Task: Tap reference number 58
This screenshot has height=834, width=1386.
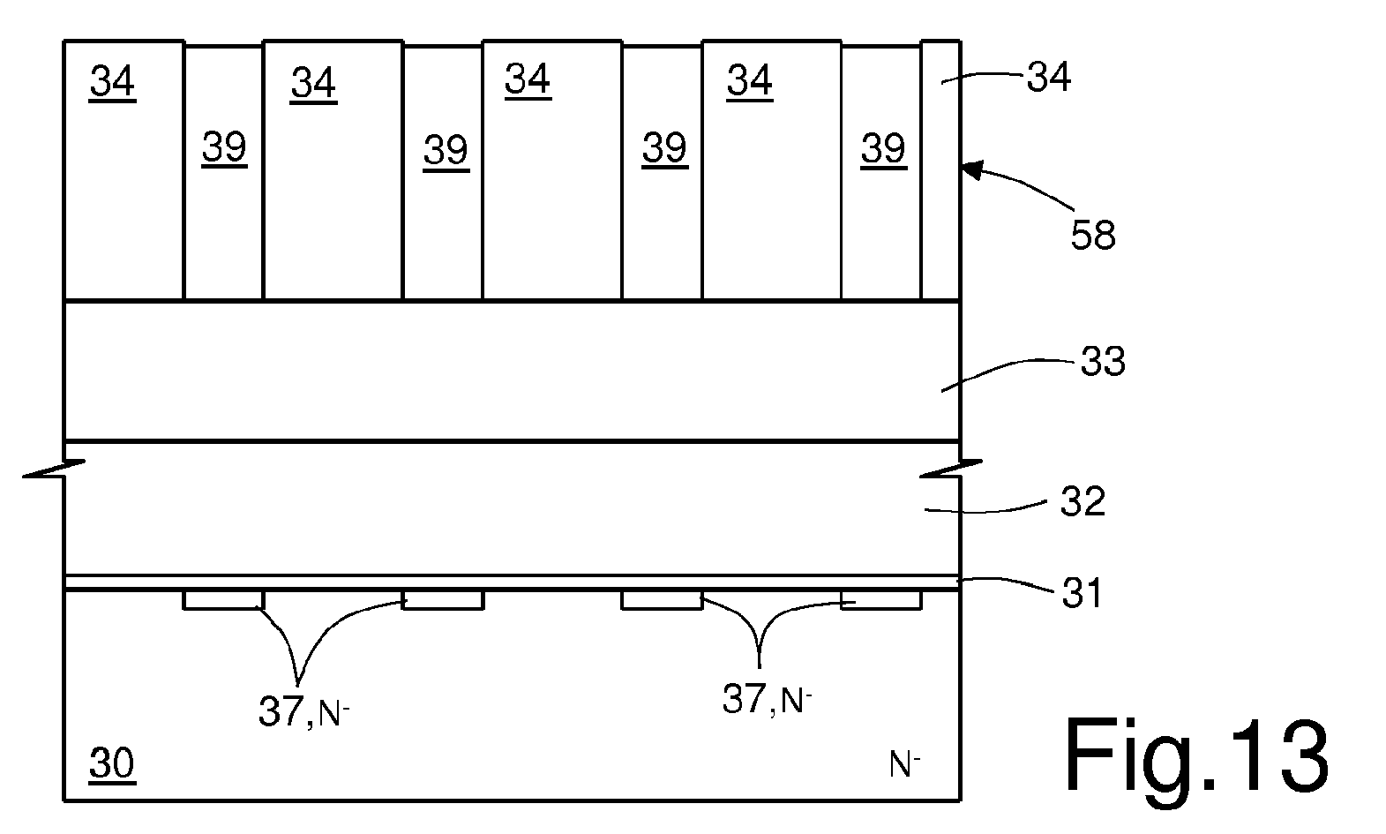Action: pos(1093,236)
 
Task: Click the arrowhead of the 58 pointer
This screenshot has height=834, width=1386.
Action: pos(973,169)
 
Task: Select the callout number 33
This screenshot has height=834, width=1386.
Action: pos(1103,362)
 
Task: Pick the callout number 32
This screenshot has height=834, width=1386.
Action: pos(1083,501)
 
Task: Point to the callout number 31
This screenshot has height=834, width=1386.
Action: pos(1083,593)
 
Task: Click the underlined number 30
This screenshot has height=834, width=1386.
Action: pos(112,763)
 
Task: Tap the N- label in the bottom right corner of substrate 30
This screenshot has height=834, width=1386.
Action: pos(904,764)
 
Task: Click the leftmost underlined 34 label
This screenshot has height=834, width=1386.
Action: pos(112,81)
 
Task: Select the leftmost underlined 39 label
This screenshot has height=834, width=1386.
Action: pos(224,147)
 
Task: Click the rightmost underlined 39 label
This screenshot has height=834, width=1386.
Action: pos(884,148)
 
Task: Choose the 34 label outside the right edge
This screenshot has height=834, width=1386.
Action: pos(1049,78)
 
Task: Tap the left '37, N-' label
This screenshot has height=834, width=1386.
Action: pos(303,711)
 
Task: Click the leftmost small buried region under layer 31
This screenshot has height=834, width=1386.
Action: pos(223,600)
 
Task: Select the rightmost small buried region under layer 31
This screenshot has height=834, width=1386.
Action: pos(881,600)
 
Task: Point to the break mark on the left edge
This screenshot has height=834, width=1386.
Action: pos(54,469)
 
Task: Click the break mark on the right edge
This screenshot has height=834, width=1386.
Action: pos(951,469)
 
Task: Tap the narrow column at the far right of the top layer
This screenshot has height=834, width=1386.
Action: pos(941,170)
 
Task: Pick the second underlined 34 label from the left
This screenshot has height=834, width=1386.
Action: pos(313,83)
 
